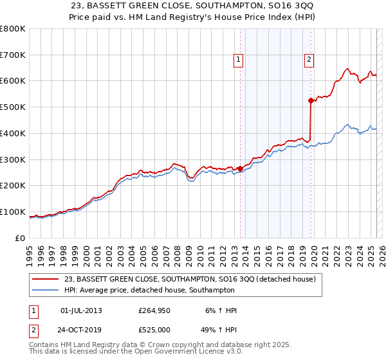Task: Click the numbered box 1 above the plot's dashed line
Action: point(238,60)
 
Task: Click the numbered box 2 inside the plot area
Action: point(309,60)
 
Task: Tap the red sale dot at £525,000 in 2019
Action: point(311,100)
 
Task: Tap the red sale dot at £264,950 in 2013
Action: point(240,168)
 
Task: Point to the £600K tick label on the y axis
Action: point(13,81)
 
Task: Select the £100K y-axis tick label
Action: point(13,212)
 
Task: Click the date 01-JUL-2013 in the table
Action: point(81,310)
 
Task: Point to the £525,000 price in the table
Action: point(154,330)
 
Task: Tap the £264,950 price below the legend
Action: point(154,310)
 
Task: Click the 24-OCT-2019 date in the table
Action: point(81,330)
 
